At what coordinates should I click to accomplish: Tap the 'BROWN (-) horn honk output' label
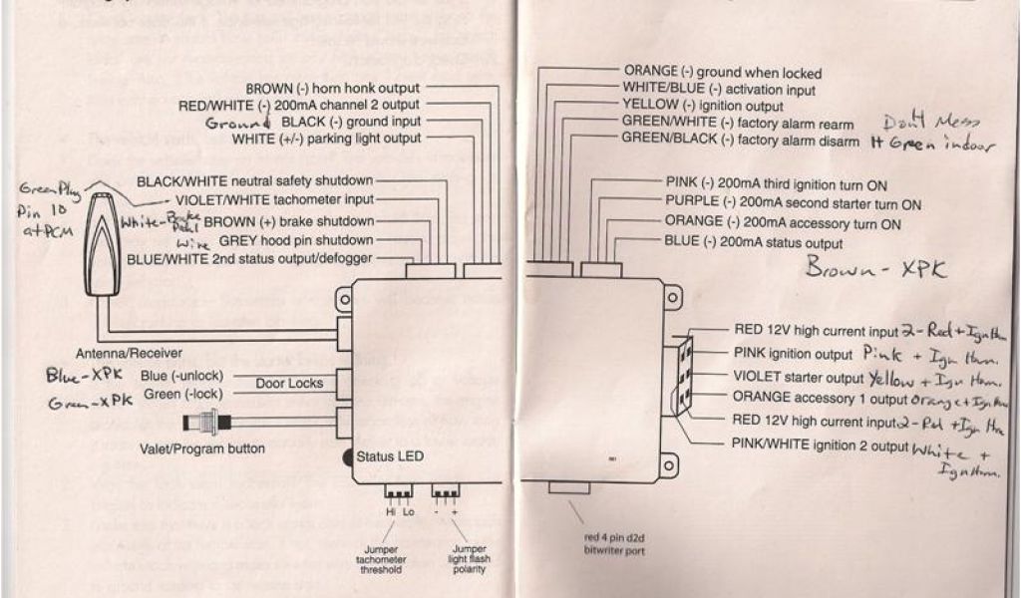click(x=332, y=88)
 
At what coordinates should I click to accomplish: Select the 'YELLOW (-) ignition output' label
click(x=702, y=105)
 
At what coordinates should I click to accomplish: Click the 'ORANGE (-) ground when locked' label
click(x=722, y=73)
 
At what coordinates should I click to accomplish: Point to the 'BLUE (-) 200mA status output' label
click(x=753, y=242)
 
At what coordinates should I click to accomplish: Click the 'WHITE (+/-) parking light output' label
click(x=326, y=138)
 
